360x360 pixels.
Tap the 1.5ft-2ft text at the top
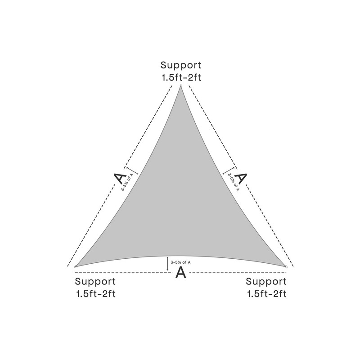tap(181, 77)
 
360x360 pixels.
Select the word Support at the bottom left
tap(95, 282)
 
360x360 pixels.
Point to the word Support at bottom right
tap(266, 282)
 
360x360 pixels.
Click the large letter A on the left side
tap(119, 179)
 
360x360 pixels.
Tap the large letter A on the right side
tap(241, 178)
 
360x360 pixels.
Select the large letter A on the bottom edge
tap(180, 272)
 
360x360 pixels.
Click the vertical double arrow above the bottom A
tap(168, 264)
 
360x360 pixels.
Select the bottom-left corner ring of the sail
tap(75, 267)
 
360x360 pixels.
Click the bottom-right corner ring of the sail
tap(286, 267)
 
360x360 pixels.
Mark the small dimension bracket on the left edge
tap(131, 171)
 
